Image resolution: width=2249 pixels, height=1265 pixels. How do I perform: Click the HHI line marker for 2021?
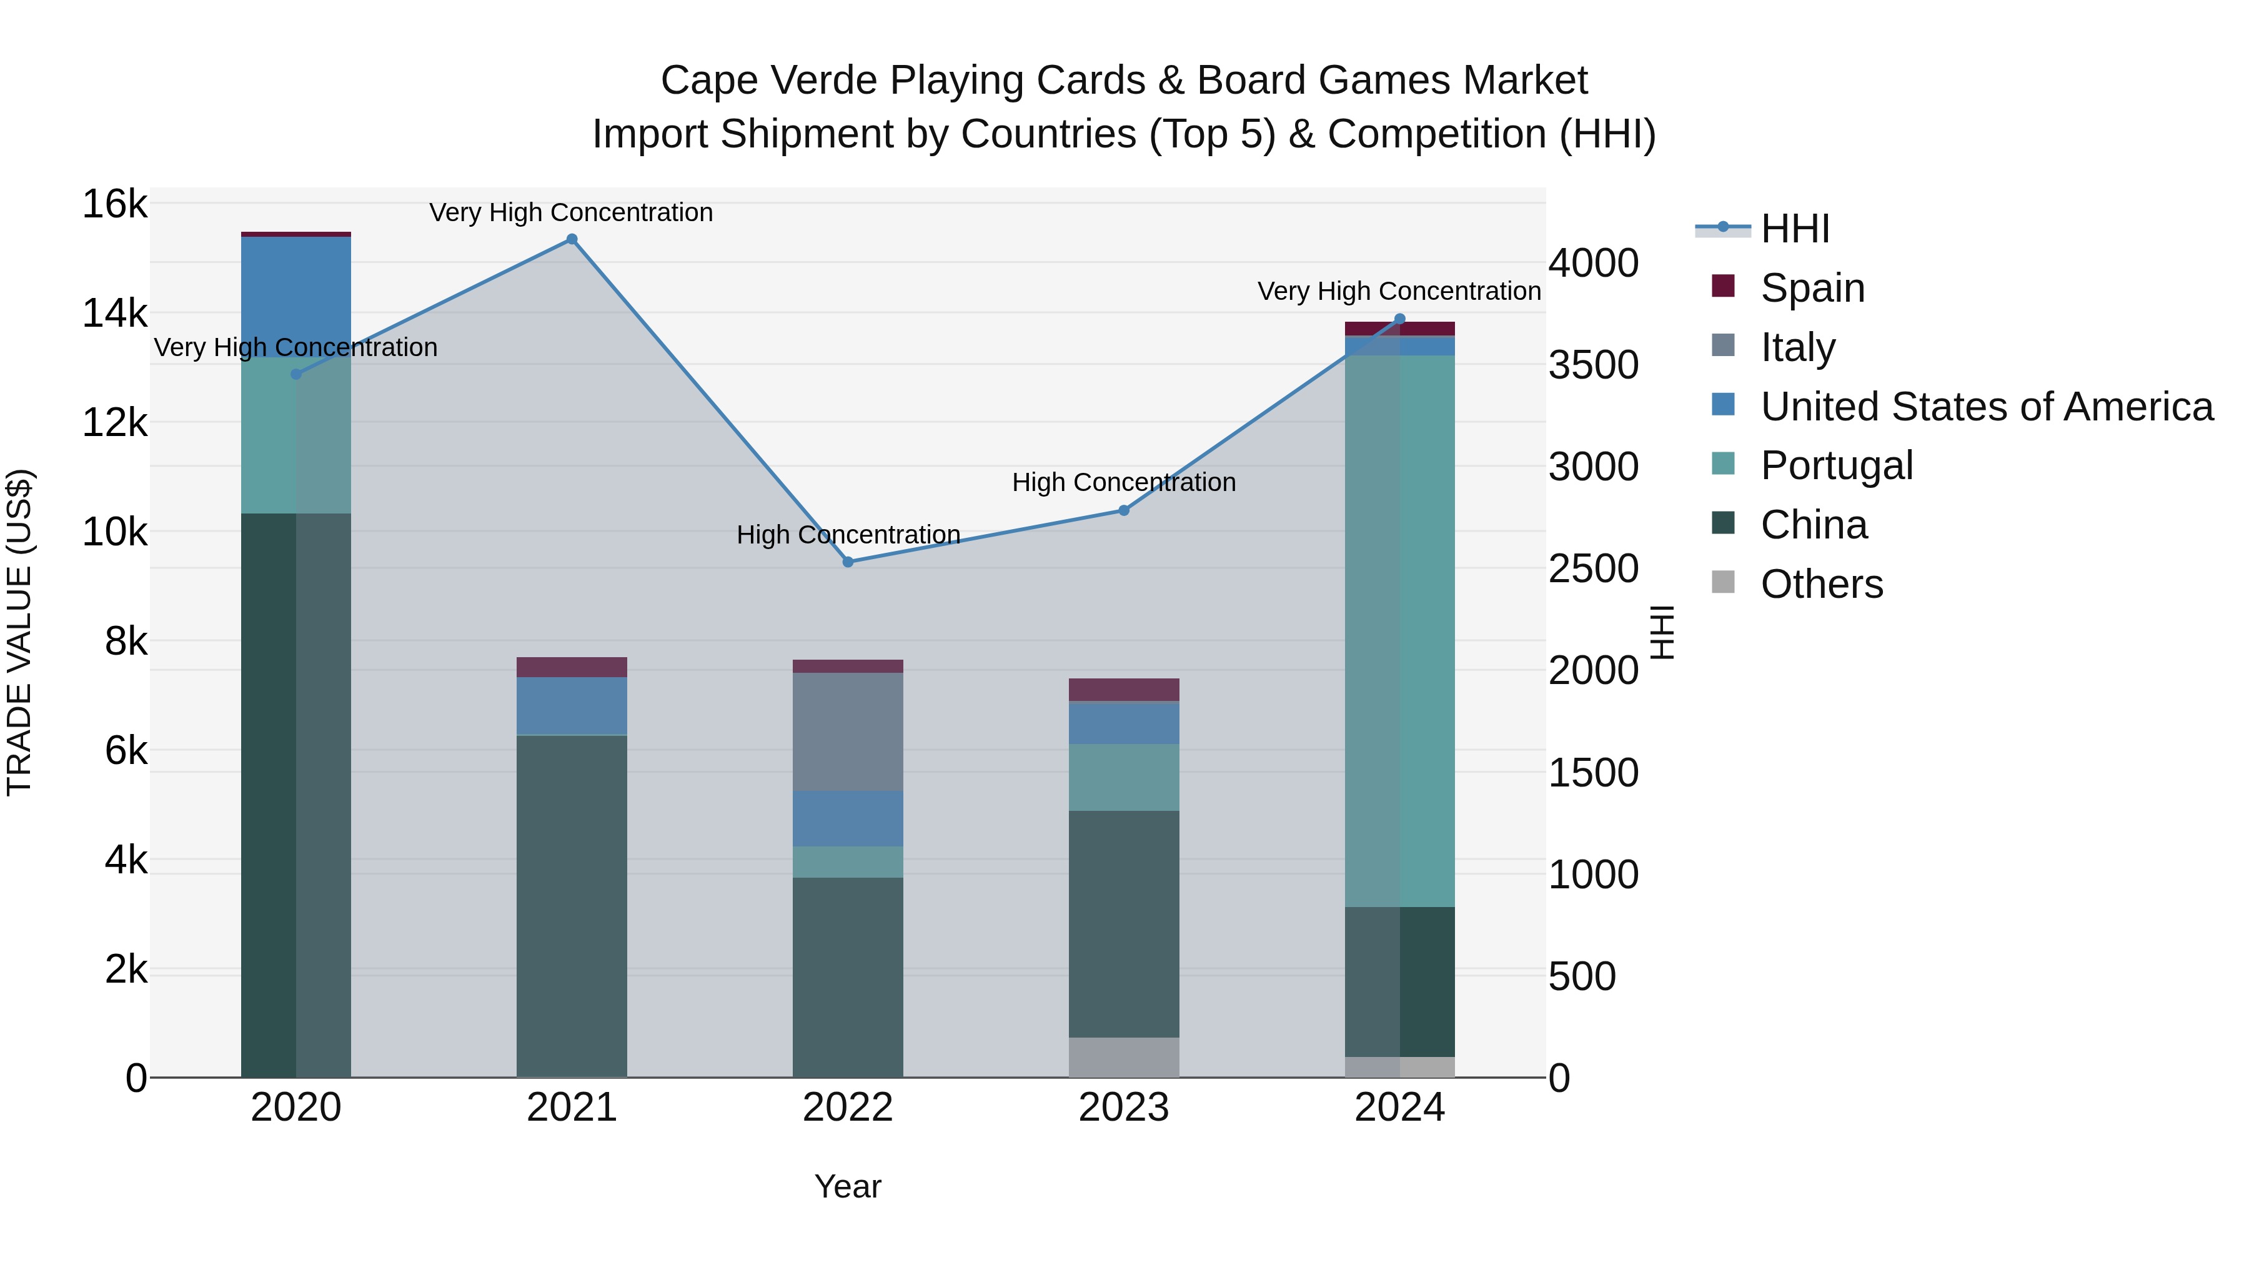pos(572,239)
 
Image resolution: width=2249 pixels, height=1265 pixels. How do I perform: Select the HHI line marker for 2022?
pos(848,562)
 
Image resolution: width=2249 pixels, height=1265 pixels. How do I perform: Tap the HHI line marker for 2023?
pos(1124,511)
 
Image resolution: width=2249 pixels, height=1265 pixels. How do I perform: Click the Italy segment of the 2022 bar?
pos(848,732)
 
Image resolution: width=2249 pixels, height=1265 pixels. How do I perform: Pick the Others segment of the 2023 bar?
pos(1124,1057)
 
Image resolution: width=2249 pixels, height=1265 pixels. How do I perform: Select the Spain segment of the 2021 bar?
pos(572,667)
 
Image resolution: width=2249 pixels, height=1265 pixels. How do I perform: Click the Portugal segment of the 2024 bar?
pos(1399,630)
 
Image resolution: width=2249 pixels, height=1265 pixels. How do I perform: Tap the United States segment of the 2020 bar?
pos(296,297)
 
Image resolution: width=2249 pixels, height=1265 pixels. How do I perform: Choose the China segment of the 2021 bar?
pos(572,906)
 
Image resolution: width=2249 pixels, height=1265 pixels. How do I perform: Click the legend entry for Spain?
pos(1812,288)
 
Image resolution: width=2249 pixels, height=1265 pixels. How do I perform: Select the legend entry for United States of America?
pos(1986,407)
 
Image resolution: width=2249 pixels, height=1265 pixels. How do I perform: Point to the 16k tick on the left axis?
pos(114,204)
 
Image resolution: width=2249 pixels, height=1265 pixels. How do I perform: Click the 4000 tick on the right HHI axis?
pos(1593,263)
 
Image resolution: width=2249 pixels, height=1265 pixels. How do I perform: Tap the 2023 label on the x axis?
pos(1124,1108)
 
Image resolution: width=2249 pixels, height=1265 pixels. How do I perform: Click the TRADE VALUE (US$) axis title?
pos(19,632)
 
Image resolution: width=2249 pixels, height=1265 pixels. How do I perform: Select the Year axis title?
pos(848,1186)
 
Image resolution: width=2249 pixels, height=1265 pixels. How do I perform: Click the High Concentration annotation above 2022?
pos(848,534)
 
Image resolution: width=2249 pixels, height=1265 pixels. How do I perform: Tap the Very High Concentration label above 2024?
pos(1399,290)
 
